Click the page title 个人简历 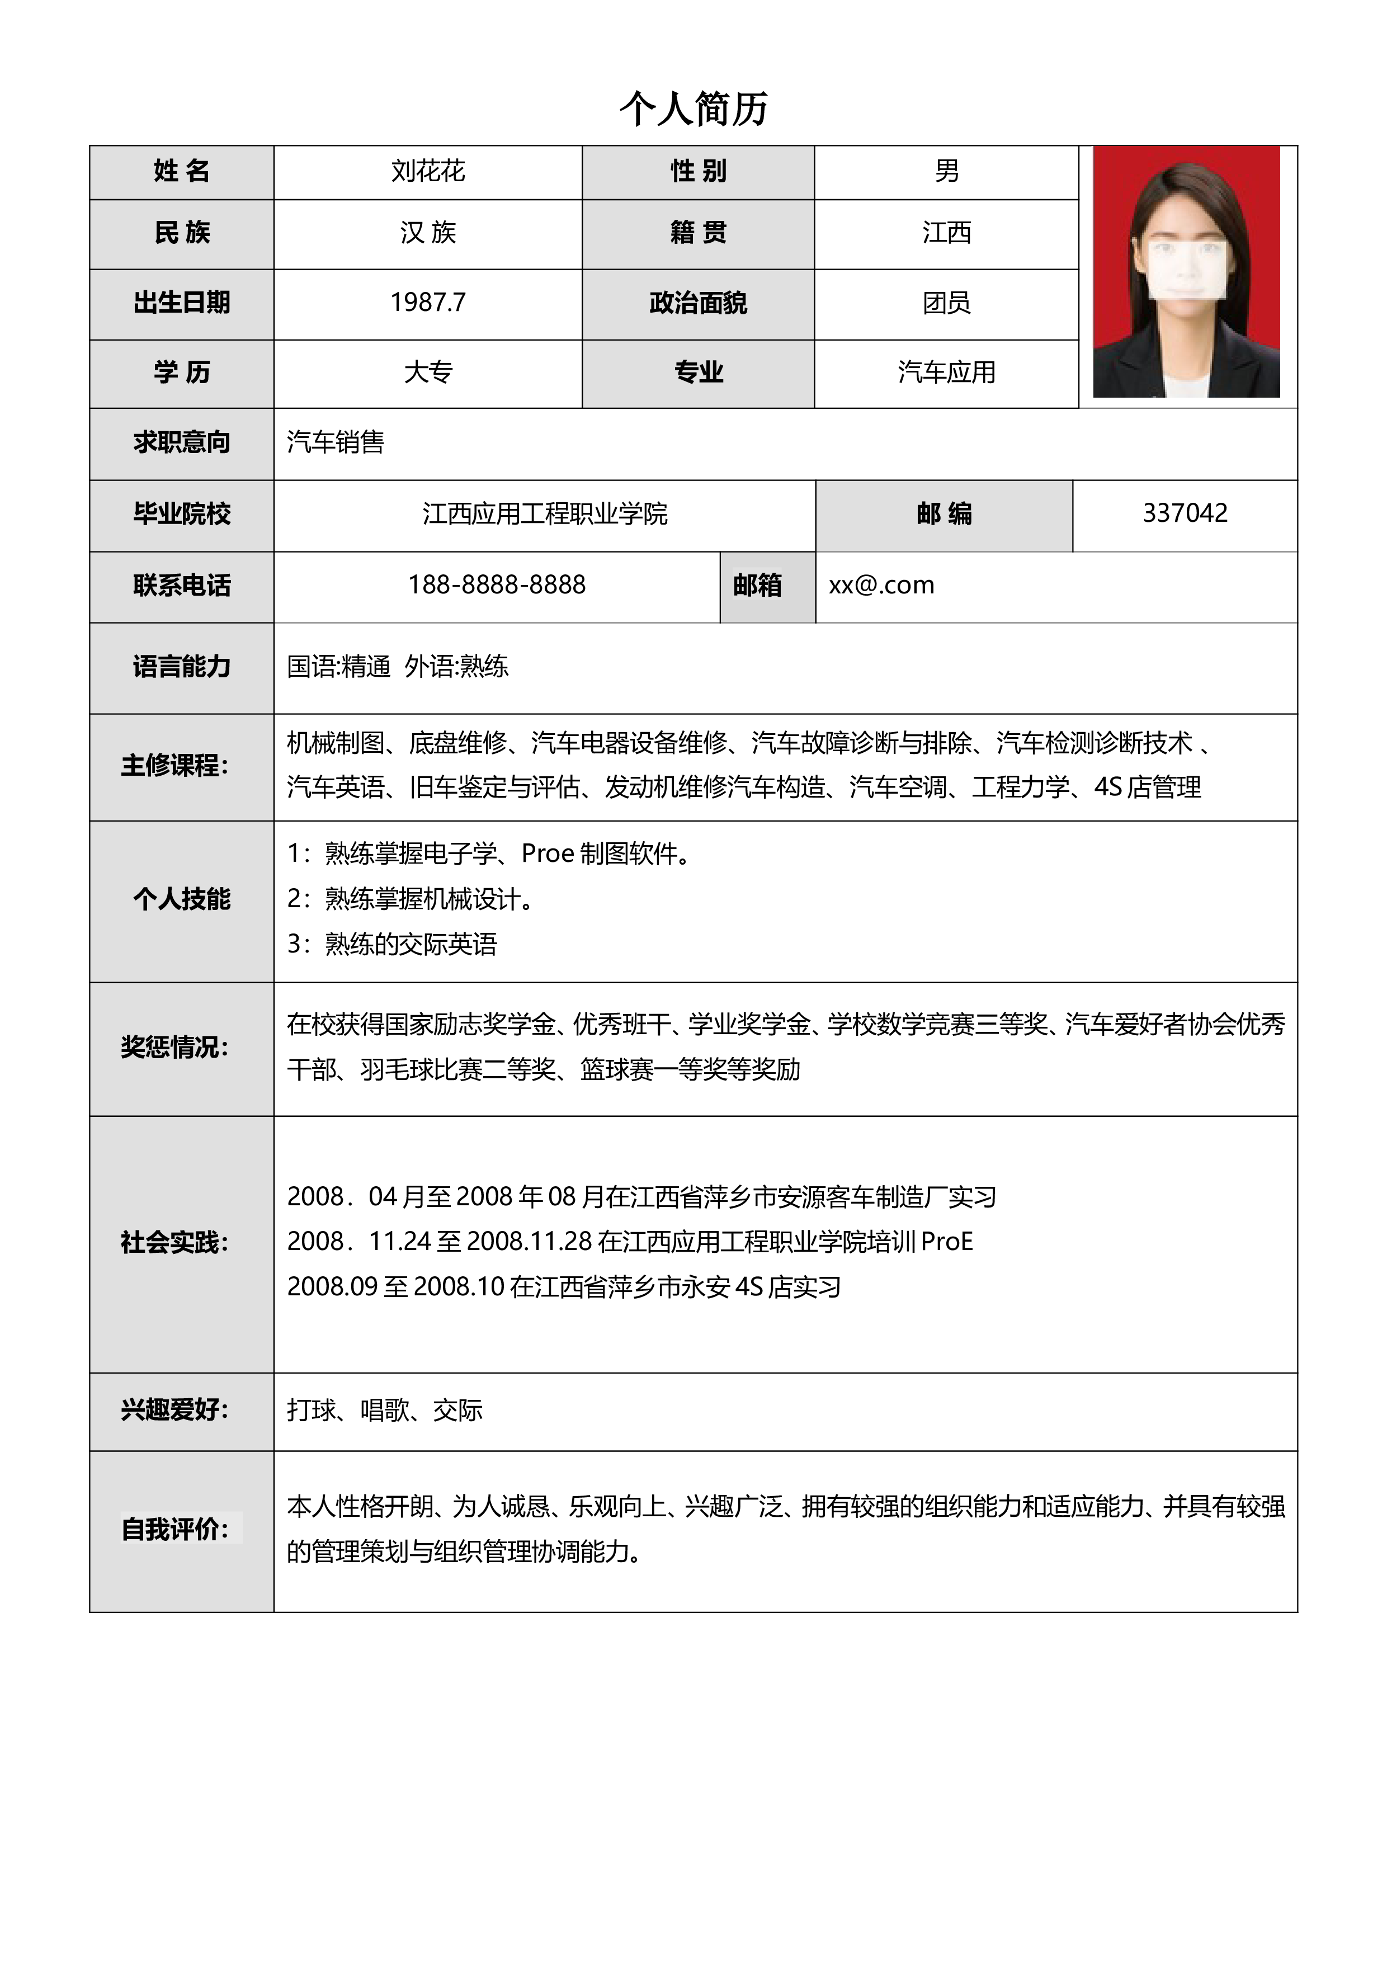693,109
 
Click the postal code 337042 1185,513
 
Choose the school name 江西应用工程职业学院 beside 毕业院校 544,513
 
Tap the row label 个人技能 181,899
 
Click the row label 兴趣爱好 174,1410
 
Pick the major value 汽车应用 946,372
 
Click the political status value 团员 946,303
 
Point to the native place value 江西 946,233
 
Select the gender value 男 946,171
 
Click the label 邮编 943,513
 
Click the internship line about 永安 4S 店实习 564,1287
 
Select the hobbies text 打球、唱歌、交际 385,1410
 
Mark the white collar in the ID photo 1188,385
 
